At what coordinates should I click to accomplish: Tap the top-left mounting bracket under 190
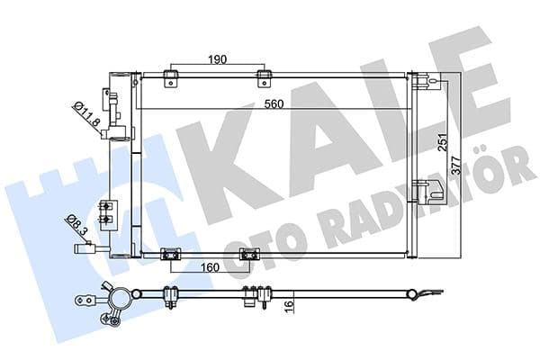169,76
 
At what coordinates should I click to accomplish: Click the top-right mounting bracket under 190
264,76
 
